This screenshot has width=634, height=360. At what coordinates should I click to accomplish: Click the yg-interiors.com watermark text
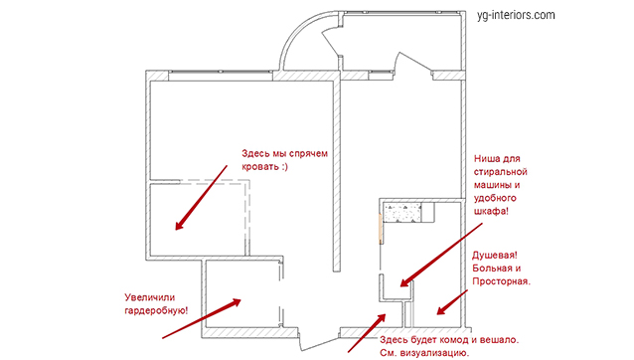(x=516, y=15)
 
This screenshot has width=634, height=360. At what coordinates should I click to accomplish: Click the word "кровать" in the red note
(x=258, y=167)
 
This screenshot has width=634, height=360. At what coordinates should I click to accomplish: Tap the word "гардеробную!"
(x=156, y=311)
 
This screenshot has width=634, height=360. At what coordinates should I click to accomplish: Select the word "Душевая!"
(x=495, y=256)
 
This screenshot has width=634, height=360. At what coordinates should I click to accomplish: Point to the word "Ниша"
(x=486, y=158)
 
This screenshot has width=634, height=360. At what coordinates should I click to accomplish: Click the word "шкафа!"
(x=491, y=211)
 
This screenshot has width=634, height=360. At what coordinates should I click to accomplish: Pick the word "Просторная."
(x=501, y=281)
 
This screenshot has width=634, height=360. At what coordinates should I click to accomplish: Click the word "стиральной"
(x=501, y=172)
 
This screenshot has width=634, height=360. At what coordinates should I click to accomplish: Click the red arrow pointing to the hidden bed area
(x=201, y=197)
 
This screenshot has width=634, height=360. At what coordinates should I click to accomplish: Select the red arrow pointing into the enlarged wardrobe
(x=202, y=318)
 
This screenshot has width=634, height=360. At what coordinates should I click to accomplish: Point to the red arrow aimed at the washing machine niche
(x=441, y=255)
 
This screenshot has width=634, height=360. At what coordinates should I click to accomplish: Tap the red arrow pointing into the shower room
(x=452, y=302)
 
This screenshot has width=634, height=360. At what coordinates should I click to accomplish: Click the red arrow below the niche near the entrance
(x=367, y=332)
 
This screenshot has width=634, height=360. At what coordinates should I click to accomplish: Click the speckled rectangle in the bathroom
(x=402, y=213)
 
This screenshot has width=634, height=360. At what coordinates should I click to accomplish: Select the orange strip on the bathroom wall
(x=380, y=229)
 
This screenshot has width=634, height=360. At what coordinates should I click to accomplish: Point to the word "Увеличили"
(x=150, y=297)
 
